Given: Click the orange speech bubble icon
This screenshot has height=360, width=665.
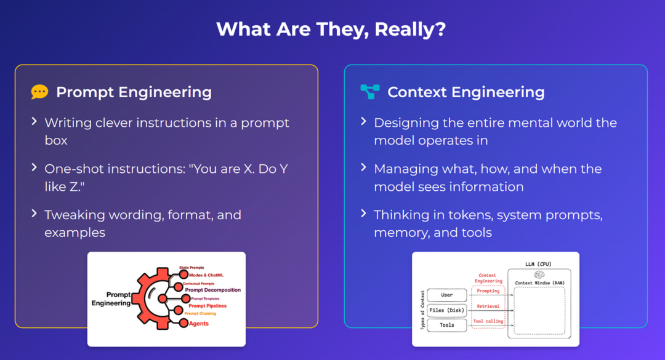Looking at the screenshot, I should point(39,92).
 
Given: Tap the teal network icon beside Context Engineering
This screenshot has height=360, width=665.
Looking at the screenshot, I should point(369,92).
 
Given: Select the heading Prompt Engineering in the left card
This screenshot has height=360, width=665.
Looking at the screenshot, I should point(134,92).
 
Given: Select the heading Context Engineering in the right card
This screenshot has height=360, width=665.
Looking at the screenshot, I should point(465,92).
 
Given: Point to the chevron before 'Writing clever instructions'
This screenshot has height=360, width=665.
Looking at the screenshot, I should point(34,122).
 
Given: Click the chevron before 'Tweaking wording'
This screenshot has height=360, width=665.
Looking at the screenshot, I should point(34,214).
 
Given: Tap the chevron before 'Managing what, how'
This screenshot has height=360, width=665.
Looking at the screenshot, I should point(364,168).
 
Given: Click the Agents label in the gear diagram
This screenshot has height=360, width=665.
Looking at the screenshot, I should point(198,324).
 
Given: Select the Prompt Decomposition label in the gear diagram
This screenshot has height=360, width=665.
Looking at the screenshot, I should point(212,290).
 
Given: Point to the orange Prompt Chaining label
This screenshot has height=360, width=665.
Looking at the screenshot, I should point(200,313).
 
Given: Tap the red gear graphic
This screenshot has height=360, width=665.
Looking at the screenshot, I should point(151,298).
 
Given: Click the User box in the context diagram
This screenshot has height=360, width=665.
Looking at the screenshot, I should point(447,295).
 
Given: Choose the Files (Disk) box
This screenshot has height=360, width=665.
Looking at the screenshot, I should point(447,310).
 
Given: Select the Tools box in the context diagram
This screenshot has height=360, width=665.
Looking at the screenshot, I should point(447,325).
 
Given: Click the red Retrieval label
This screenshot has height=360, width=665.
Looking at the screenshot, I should point(488,306).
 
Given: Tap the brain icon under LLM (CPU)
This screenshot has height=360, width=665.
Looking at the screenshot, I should point(539,274).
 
